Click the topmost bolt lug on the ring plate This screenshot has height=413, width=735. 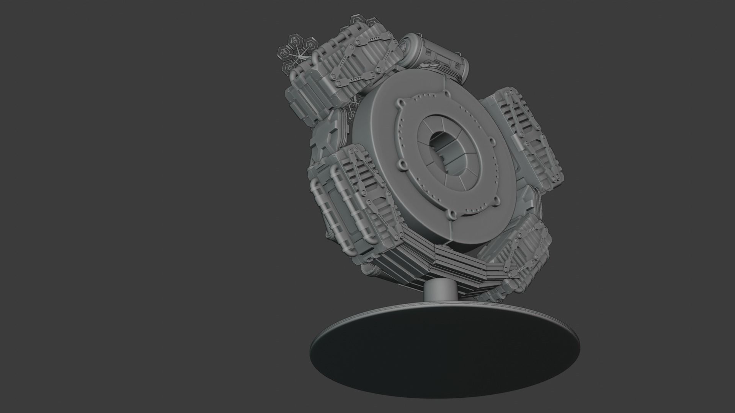(446, 93)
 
